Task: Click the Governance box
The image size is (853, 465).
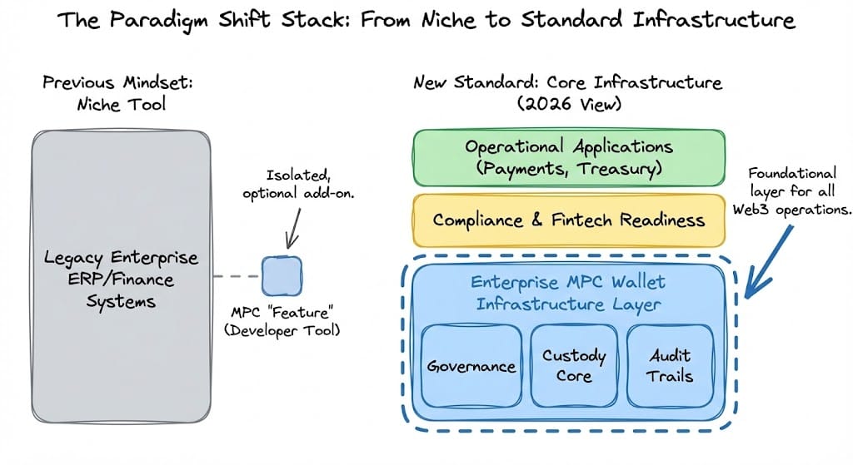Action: [x=471, y=365]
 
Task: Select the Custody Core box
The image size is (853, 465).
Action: [x=573, y=365]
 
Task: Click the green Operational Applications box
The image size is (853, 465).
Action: [x=569, y=157]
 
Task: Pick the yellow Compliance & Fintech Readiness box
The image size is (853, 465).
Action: [x=569, y=220]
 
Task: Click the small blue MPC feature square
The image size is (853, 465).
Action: [x=282, y=276]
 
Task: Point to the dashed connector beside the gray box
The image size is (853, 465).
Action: [x=236, y=276]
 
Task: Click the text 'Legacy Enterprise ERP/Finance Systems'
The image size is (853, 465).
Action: [x=121, y=279]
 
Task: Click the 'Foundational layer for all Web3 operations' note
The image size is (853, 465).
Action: [x=792, y=190]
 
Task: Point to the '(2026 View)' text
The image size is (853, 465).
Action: [x=568, y=105]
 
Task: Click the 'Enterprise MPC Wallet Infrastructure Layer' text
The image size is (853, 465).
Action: [x=568, y=293]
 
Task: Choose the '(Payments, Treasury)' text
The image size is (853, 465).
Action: [x=568, y=169]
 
